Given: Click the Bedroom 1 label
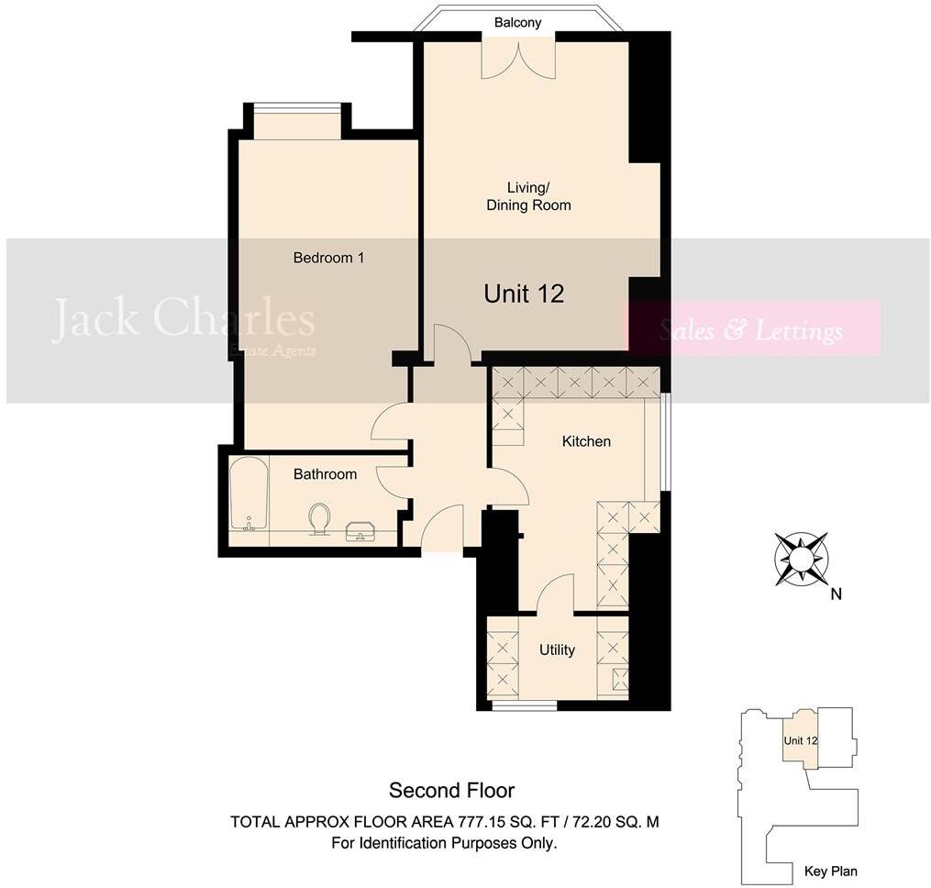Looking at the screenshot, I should tap(328, 258).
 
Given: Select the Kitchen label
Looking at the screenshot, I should tap(586, 441).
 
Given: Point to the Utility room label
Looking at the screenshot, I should tap(557, 649).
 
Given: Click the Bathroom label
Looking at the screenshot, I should tap(325, 474).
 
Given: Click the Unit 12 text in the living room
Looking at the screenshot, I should tap(524, 294).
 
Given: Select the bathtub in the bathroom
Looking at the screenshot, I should tap(249, 494).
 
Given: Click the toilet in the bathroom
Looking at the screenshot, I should tap(320, 517).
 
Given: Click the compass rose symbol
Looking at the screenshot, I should tap(801, 558).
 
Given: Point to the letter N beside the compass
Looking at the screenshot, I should tap(836, 594).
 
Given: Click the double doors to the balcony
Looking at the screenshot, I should tap(519, 58).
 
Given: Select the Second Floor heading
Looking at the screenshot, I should tap(452, 790).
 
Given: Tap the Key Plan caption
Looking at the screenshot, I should tap(830, 871).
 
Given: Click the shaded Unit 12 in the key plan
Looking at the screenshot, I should tap(799, 740).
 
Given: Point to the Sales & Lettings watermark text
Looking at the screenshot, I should tap(751, 330).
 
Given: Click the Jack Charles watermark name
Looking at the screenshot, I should tap(183, 319).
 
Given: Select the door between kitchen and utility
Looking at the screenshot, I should tap(555, 594).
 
